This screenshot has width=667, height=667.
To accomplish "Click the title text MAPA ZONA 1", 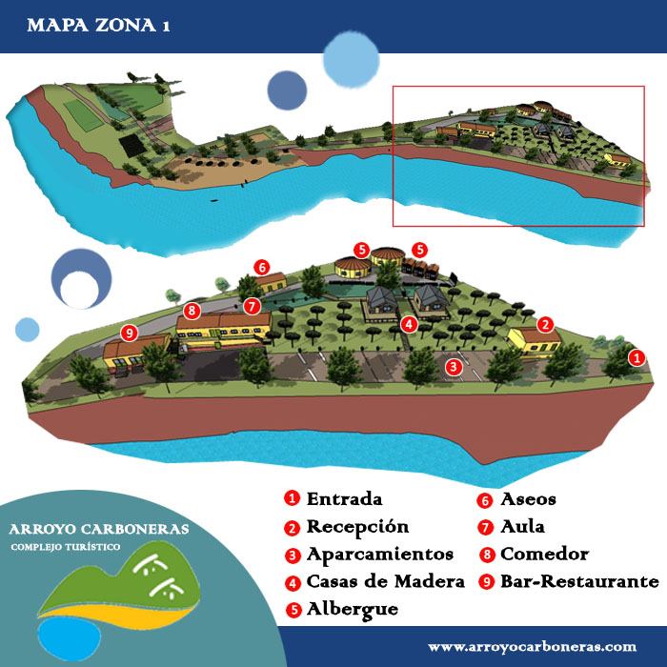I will tap(99, 26).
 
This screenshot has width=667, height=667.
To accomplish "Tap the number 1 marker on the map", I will tap(637, 357).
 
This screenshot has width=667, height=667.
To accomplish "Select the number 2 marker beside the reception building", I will tap(545, 324).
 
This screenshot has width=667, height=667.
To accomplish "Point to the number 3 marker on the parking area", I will tap(455, 366).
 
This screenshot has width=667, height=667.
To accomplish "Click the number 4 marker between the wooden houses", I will tap(409, 324).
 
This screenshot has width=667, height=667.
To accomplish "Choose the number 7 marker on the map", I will tap(252, 306).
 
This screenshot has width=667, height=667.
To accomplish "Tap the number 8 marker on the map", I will tap(192, 310).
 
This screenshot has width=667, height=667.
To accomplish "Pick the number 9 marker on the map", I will tap(131, 333).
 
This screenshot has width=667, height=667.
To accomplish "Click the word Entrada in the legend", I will tap(344, 499).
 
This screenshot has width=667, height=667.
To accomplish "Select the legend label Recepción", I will tap(356, 527).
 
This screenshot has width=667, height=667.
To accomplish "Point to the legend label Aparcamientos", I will tap(379, 555).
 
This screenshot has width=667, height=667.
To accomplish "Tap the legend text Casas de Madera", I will tap(385, 582).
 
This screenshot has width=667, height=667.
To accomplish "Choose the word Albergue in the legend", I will tap(353, 609).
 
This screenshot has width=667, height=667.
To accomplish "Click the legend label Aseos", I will tap(529, 499).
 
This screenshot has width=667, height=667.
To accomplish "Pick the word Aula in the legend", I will tap(523, 527).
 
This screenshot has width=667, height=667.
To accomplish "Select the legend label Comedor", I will tap(544, 555).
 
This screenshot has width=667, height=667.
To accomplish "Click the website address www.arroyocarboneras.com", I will tap(531, 646).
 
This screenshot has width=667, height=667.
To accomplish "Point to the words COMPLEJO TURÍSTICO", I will tap(66, 548).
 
